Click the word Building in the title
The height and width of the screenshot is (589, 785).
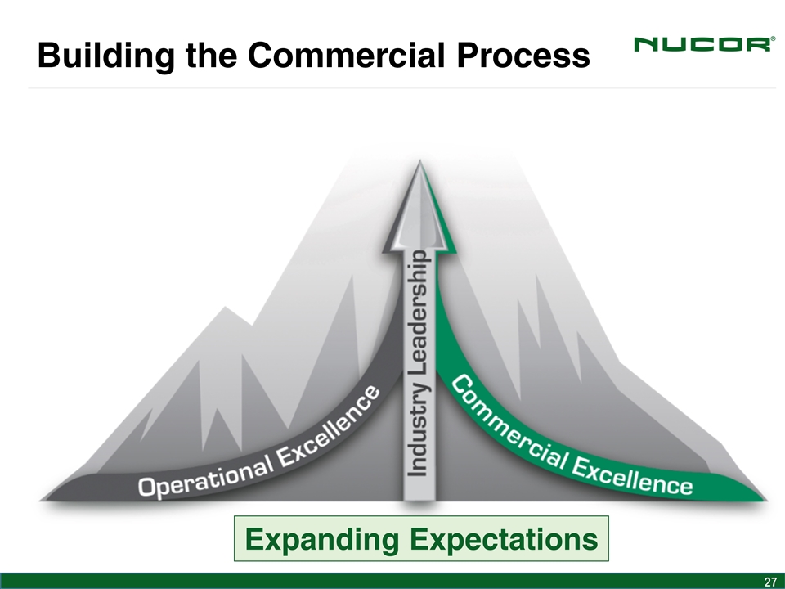106,55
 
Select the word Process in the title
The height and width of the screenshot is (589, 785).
523,55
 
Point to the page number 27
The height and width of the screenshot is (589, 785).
770,582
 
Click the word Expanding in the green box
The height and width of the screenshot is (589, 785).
322,539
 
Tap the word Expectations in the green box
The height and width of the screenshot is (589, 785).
504,539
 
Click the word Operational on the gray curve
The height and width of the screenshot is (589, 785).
206,476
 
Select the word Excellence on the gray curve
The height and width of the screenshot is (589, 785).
329,427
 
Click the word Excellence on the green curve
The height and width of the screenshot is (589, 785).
633,476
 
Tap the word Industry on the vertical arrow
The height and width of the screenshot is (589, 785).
417,430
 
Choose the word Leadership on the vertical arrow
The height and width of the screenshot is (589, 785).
417,313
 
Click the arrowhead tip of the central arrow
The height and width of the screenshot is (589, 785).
419,160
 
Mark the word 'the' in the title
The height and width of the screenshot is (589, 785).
211,55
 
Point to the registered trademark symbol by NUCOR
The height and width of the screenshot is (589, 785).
773,38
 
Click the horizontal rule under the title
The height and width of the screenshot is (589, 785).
402,88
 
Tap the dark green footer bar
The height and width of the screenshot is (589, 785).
392,581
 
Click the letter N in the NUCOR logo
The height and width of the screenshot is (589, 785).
646,44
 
